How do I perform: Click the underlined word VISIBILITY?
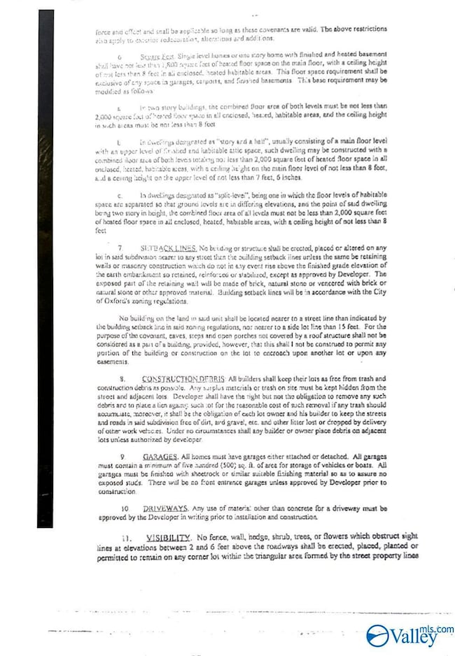170,536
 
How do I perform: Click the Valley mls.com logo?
409,635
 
